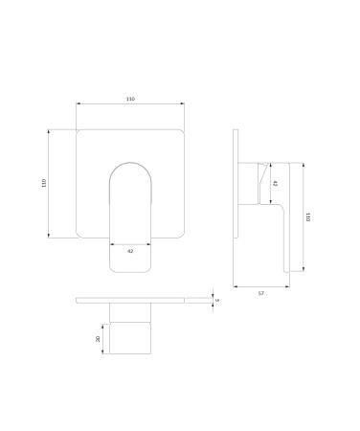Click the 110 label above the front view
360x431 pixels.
[x=130, y=99]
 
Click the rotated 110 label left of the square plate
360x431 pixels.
[x=44, y=183]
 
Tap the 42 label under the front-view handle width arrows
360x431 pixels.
[x=130, y=251]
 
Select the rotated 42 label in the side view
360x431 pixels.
[x=275, y=183]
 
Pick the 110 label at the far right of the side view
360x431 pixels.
[x=307, y=217]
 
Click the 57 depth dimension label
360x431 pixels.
[x=261, y=293]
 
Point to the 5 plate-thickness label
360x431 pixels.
[x=217, y=300]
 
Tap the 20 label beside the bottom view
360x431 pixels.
[x=98, y=339]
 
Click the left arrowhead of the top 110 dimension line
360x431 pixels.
[x=79, y=103]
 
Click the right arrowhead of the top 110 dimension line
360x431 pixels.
[x=182, y=103]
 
